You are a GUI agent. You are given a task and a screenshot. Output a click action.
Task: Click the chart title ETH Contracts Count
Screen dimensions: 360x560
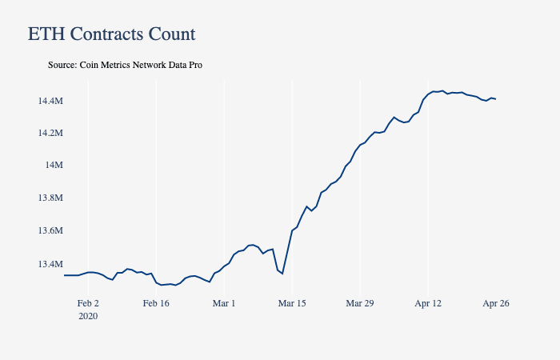(111, 34)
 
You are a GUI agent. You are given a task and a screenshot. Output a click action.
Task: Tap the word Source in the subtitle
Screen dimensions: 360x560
(62, 65)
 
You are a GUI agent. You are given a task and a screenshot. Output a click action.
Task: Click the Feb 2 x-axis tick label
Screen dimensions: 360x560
(87, 303)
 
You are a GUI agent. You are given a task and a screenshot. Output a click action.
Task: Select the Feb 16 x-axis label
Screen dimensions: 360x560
(156, 303)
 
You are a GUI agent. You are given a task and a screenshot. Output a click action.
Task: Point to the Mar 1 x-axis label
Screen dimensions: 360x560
(224, 303)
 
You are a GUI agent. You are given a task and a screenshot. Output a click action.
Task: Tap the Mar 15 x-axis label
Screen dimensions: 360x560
(292, 303)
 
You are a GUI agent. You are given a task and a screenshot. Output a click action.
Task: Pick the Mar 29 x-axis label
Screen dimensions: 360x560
(360, 303)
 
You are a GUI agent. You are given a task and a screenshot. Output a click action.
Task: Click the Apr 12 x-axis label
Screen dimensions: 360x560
(428, 303)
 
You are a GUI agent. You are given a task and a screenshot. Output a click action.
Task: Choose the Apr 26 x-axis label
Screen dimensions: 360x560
(496, 303)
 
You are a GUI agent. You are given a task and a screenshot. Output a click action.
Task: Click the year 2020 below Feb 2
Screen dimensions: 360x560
(87, 316)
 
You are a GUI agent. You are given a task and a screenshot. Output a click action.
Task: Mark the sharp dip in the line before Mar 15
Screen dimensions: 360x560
(282, 274)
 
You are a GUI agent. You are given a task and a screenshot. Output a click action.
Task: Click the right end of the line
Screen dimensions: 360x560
(496, 99)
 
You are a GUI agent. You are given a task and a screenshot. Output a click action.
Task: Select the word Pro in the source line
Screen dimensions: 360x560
(194, 65)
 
